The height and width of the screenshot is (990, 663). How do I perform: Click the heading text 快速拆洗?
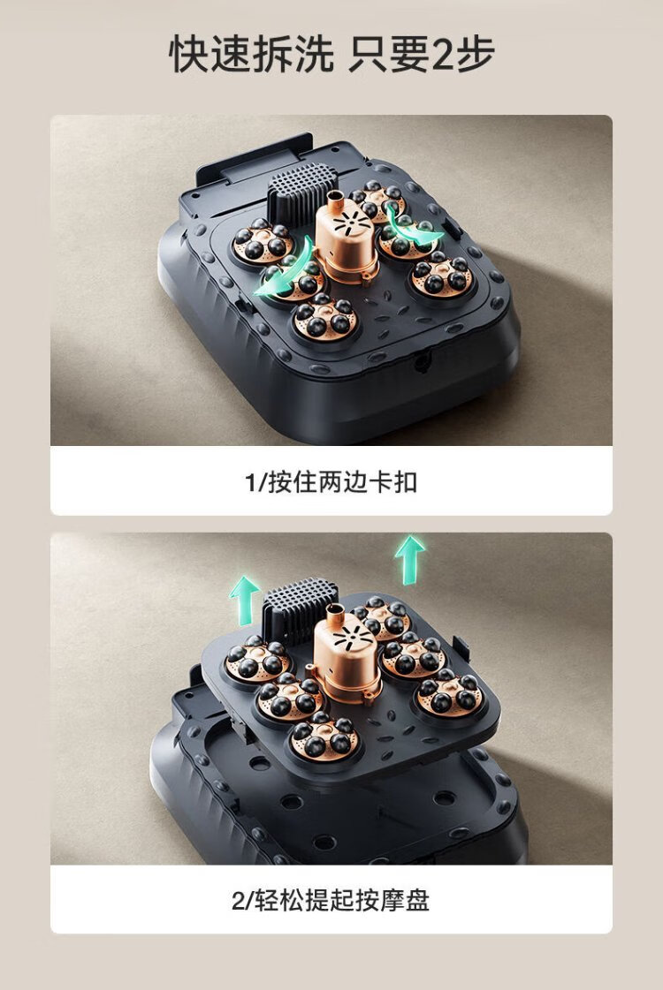tap(251, 54)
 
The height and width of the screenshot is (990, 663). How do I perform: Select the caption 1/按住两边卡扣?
tap(331, 482)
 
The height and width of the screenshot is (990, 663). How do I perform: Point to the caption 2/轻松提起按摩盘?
tap(331, 900)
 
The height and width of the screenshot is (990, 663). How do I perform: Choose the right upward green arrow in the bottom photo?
tap(409, 559)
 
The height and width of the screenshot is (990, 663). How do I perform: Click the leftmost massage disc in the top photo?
tap(263, 243)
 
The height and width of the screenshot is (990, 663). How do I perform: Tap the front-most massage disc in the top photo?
tap(325, 318)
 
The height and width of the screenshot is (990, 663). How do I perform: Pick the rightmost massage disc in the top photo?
tap(442, 277)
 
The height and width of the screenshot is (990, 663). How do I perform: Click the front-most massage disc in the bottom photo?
tap(324, 737)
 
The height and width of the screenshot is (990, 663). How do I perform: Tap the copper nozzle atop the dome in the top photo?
tap(335, 200)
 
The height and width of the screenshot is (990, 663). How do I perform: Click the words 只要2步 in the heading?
tap(423, 54)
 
